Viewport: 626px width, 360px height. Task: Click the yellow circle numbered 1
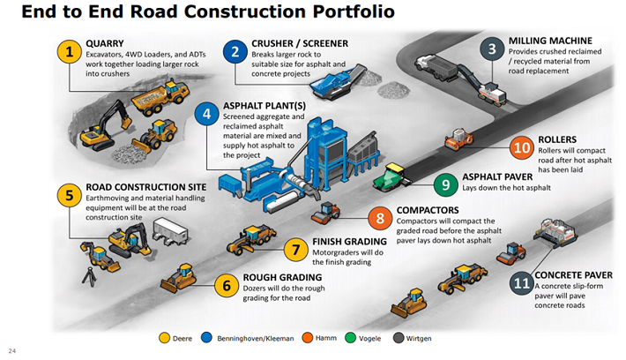(x=69, y=52)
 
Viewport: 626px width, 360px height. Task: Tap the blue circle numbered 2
(x=233, y=52)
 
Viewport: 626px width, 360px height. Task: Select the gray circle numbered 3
(x=491, y=49)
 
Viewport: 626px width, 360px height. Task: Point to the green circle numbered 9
(x=446, y=184)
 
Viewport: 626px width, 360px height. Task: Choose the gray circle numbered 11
(x=522, y=284)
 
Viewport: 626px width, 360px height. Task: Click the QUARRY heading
(x=106, y=41)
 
